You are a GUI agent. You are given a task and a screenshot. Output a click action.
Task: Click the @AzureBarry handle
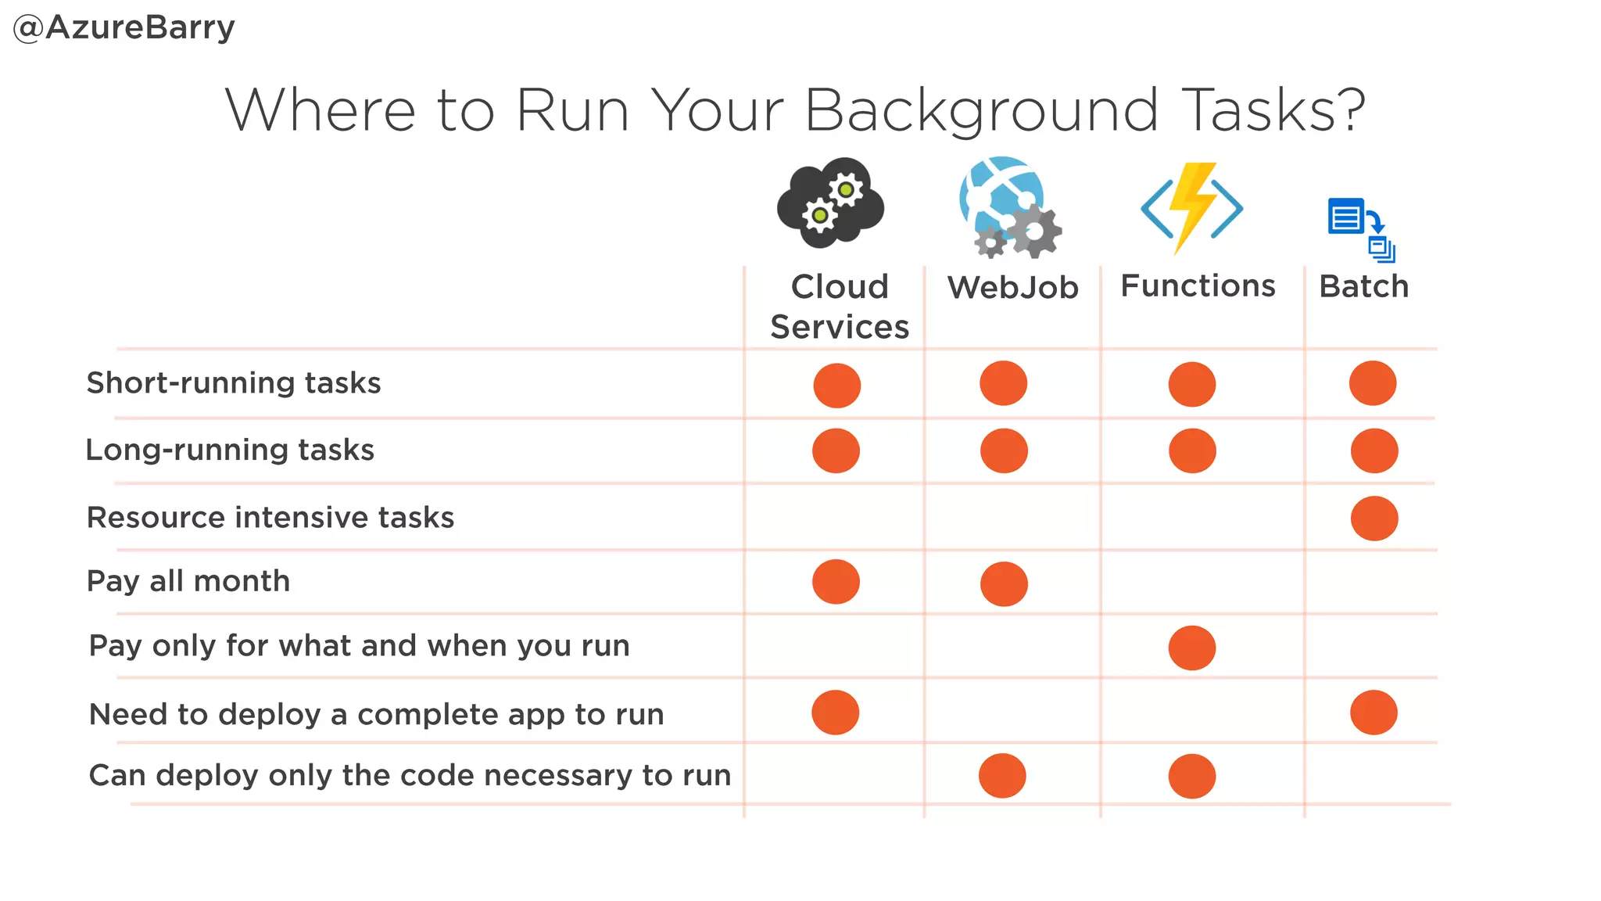[x=124, y=28]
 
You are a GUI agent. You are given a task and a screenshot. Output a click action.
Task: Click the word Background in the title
[x=980, y=111]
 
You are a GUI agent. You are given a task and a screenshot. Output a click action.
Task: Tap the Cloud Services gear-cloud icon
[x=830, y=203]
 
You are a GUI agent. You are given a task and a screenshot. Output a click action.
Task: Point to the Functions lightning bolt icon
[x=1191, y=208]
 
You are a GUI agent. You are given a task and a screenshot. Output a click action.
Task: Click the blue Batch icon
[x=1361, y=228]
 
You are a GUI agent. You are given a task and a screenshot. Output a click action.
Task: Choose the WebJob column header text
[x=1013, y=288]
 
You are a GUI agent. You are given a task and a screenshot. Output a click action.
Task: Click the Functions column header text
[x=1198, y=286]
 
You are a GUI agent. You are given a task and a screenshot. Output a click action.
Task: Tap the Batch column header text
[x=1364, y=287]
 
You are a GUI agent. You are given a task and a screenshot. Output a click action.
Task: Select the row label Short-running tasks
[x=234, y=383]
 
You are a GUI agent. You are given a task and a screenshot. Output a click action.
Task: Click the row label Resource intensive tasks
[x=270, y=518]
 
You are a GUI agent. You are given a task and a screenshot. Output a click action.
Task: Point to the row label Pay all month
[x=188, y=581]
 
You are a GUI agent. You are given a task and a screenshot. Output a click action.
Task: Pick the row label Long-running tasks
[x=230, y=450]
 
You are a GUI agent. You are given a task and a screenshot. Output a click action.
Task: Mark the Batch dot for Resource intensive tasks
[x=1374, y=519]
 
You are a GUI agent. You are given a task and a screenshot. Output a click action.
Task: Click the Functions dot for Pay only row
[x=1192, y=648]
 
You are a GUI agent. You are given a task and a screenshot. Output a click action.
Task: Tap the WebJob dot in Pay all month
[x=1004, y=584]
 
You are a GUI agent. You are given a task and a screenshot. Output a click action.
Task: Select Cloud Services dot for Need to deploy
[x=836, y=713]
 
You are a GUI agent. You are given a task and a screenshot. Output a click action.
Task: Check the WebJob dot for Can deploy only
[x=1002, y=776]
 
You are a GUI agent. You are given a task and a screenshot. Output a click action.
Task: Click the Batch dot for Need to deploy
[x=1374, y=713]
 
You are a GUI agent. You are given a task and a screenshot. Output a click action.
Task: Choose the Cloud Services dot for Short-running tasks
[x=837, y=386]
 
